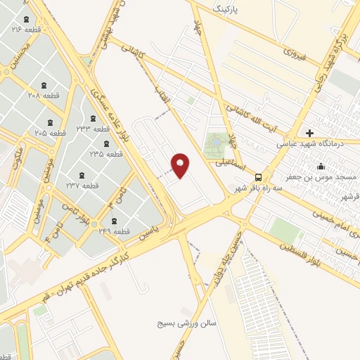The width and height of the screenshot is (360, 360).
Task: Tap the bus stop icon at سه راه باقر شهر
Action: click(x=259, y=176)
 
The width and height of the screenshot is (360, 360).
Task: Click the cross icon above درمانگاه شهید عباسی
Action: click(x=309, y=132)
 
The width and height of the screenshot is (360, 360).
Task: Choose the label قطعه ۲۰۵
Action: click(x=50, y=132)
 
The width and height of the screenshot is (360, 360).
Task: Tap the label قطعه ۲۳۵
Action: click(x=105, y=153)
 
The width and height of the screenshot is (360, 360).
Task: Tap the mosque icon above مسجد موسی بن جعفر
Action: click(x=321, y=167)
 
